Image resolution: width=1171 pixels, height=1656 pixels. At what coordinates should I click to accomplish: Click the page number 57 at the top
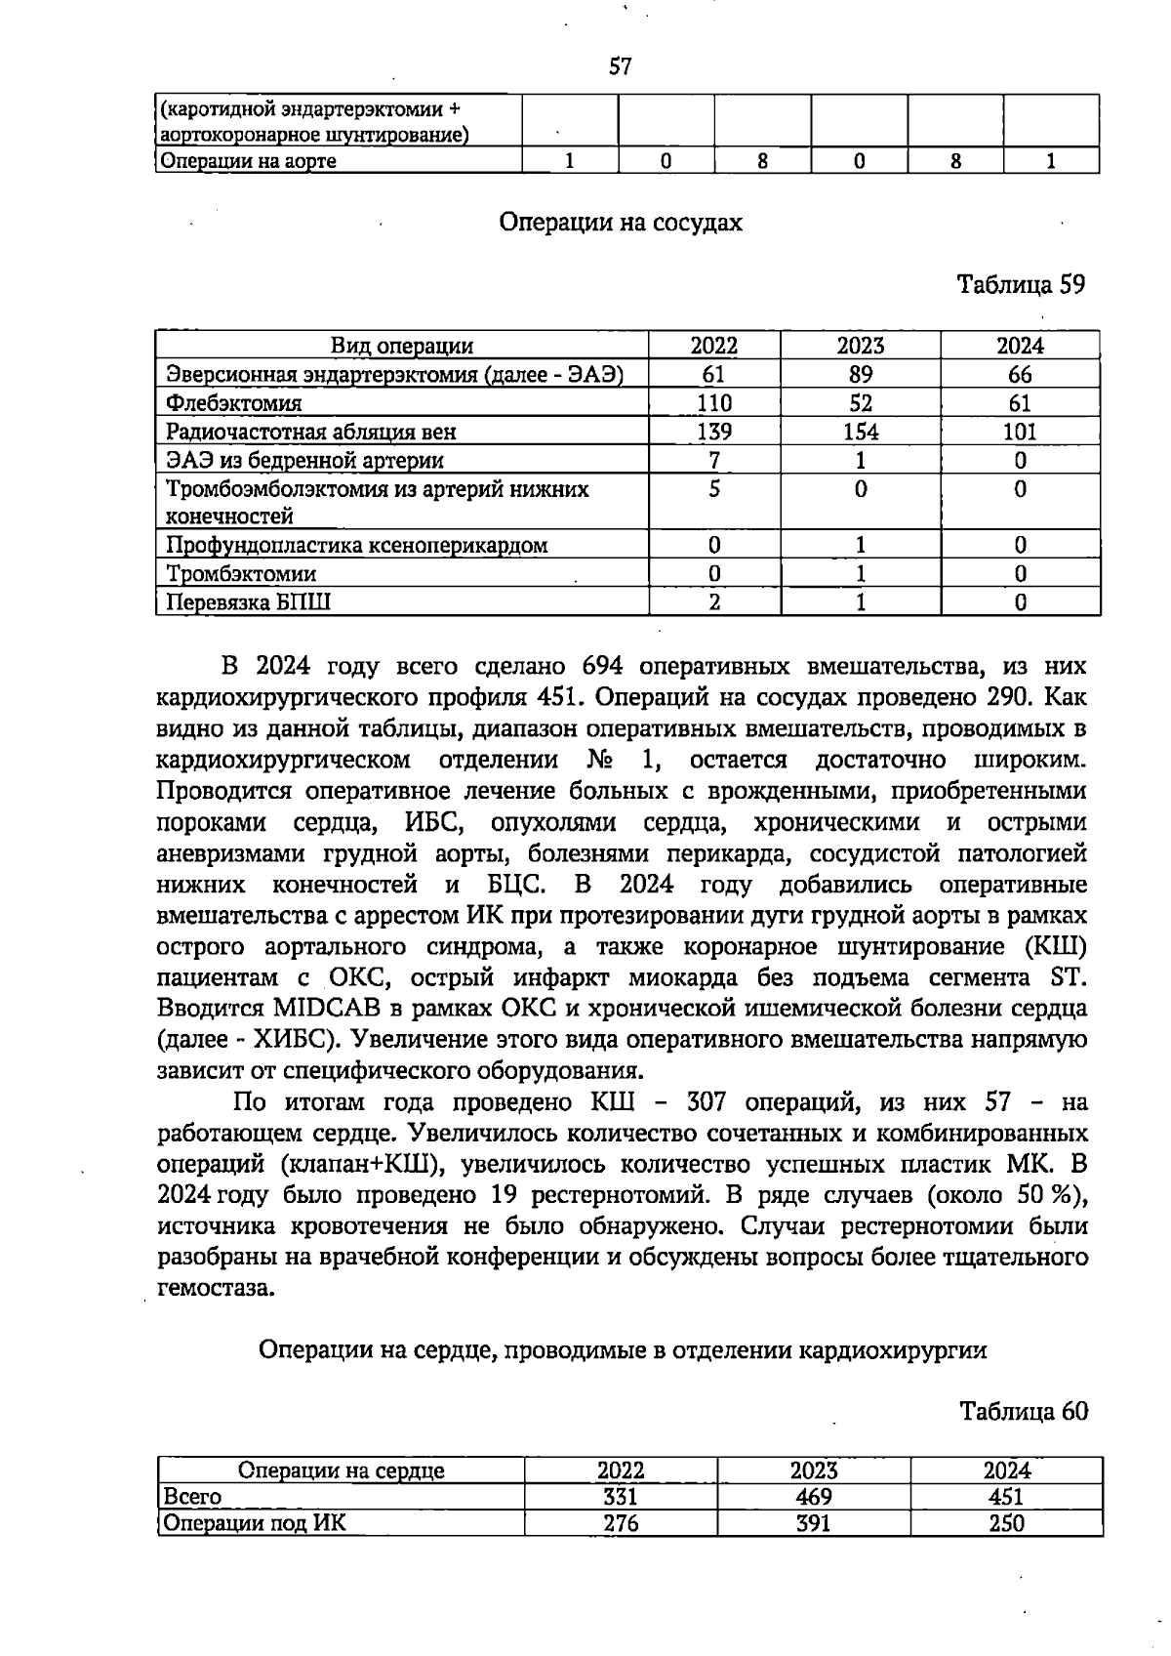[x=621, y=66]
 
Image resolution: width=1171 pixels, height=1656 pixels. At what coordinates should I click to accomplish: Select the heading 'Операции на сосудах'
[x=621, y=223]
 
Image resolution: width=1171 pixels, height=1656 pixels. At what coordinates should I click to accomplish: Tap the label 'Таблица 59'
[x=1021, y=284]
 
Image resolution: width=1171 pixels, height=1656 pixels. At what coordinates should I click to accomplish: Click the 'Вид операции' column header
[x=402, y=346]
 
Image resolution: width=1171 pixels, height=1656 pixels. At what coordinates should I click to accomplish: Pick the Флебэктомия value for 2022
[x=714, y=402]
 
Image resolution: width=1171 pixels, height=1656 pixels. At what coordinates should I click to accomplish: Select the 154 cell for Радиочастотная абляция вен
[x=860, y=432]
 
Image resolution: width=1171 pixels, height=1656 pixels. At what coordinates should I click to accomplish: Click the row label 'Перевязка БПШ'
[x=248, y=601]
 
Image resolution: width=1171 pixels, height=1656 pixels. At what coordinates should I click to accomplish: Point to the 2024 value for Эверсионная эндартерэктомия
[x=1020, y=374]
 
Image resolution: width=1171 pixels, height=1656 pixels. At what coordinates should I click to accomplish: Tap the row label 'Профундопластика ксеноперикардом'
[x=357, y=545]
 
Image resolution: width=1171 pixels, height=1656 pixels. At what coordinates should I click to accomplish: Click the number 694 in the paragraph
[x=602, y=667]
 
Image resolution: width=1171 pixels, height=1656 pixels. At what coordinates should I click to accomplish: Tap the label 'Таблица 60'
[x=1023, y=1411]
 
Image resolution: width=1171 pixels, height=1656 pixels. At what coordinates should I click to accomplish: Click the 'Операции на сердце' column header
[x=342, y=1470]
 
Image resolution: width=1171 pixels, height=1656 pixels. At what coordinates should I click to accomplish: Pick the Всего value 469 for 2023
[x=813, y=1497]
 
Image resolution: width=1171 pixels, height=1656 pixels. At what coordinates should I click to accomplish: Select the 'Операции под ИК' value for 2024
[x=1005, y=1523]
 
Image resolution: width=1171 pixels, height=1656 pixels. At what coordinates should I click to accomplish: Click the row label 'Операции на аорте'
[x=249, y=161]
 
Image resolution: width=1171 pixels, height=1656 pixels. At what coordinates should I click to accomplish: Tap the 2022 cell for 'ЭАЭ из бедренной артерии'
[x=714, y=460]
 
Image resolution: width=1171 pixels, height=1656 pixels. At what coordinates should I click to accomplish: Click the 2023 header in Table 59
[x=860, y=346]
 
